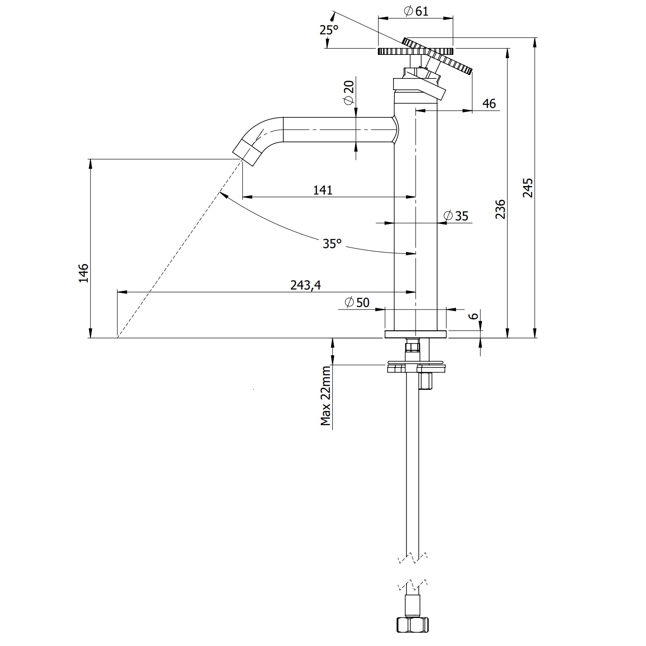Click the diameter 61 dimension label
tap(416, 11)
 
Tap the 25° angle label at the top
tap(329, 30)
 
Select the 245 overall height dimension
tap(528, 188)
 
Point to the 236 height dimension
tap(501, 209)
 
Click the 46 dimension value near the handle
tap(489, 104)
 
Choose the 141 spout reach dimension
tap(323, 190)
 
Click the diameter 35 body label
tap(456, 216)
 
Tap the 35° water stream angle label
tap(332, 244)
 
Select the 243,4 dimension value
tap(306, 285)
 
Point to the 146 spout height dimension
tap(83, 273)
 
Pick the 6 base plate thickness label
tap(474, 315)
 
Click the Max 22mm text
tap(327, 395)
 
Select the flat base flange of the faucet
tap(415, 334)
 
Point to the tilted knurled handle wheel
tap(437, 56)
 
